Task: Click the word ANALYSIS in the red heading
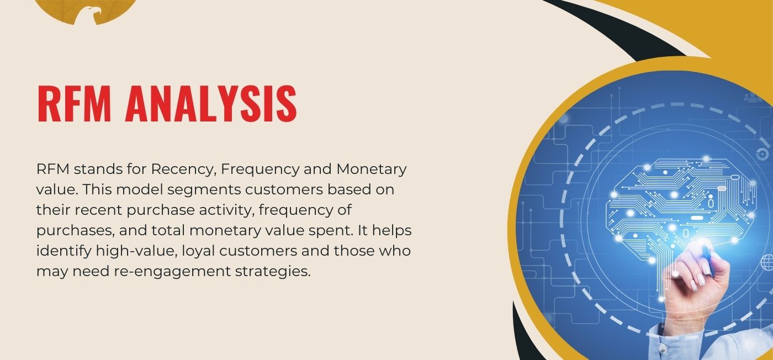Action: pyautogui.click(x=211, y=103)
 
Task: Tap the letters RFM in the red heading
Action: pyautogui.click(x=74, y=103)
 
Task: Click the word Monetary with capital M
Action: pyautogui.click(x=371, y=170)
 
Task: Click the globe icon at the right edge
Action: pyautogui.click(x=767, y=262)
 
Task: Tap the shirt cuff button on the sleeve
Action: pyautogui.click(x=662, y=348)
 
